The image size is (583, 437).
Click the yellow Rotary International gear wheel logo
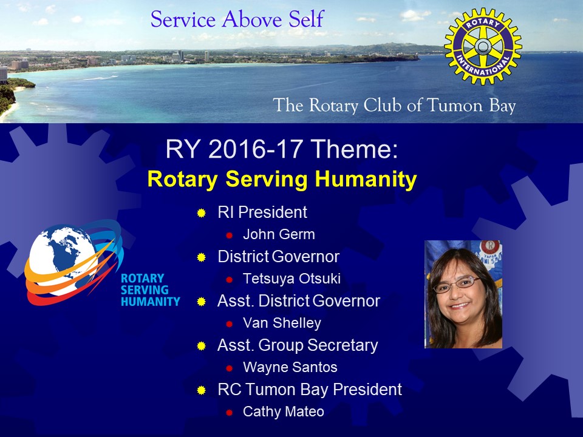[483, 47]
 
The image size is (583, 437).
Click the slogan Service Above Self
[237, 19]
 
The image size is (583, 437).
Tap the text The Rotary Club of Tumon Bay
[394, 105]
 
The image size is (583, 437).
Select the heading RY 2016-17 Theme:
[281, 149]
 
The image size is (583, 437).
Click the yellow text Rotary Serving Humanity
[282, 179]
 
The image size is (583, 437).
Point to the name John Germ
[279, 234]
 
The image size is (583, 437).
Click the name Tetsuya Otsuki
[291, 279]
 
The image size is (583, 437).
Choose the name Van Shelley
[282, 323]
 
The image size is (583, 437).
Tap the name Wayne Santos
[290, 367]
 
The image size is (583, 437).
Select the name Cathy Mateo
[284, 412]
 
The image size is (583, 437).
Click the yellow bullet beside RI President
[202, 213]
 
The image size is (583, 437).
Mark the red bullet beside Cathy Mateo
[230, 413]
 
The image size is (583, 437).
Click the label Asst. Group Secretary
[298, 345]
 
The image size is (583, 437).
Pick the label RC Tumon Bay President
[310, 390]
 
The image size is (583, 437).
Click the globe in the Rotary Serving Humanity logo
[63, 260]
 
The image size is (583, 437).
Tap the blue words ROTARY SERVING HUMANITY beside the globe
[150, 290]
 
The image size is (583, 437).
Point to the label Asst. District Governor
[299, 301]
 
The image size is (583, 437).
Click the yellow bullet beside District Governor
[202, 257]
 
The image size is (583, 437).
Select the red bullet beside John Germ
[230, 235]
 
